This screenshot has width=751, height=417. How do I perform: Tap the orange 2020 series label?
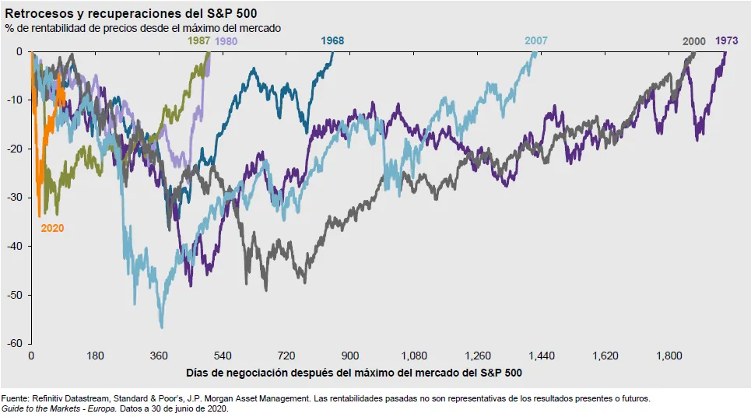click(x=52, y=229)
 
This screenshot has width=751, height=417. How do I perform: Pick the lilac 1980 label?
click(x=226, y=40)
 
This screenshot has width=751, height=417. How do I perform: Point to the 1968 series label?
click(x=332, y=40)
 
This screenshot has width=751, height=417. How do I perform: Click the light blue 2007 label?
click(x=535, y=40)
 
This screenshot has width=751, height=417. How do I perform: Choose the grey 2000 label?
click(x=694, y=40)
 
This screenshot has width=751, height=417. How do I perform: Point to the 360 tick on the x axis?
click(x=159, y=356)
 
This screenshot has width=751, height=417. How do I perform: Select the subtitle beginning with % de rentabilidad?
click(x=143, y=27)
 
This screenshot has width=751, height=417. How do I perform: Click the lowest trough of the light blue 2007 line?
click(x=161, y=327)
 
